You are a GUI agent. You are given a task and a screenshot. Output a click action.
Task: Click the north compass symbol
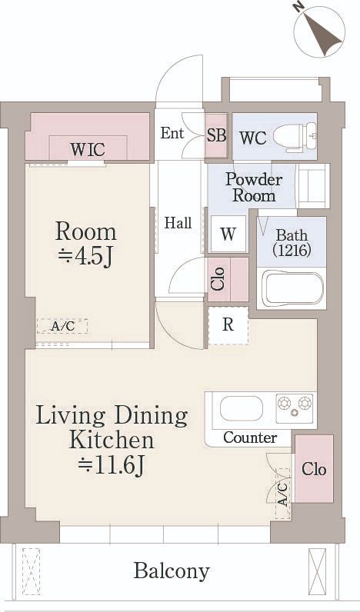pyautogui.click(x=319, y=32)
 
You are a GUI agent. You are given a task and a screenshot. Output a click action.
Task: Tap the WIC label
pyautogui.click(x=88, y=148)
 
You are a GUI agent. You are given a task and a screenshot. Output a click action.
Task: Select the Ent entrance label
pyautogui.click(x=172, y=132)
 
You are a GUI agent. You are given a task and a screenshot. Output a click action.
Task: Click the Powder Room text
pyautogui.click(x=253, y=187)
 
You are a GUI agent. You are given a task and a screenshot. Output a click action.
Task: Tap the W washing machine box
pyautogui.click(x=228, y=234)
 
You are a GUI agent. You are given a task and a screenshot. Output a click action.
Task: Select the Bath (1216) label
pyautogui.click(x=292, y=242)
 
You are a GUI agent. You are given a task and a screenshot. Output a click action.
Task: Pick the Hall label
pyautogui.click(x=178, y=223)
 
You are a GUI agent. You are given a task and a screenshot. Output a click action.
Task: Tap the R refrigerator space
pyautogui.click(x=228, y=324)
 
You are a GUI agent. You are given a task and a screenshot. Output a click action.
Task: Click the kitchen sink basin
pyautogui.click(x=241, y=408)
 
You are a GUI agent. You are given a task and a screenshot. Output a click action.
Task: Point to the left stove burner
pyautogui.click(x=285, y=402)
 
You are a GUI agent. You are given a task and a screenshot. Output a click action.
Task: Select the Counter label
pyautogui.click(x=250, y=437)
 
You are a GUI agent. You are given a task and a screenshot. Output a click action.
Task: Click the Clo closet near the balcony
pyautogui.click(x=313, y=469)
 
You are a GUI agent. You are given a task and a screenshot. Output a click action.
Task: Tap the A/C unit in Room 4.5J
pyautogui.click(x=62, y=326)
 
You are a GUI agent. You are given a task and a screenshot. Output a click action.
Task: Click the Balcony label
pyautogui.click(x=171, y=570)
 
